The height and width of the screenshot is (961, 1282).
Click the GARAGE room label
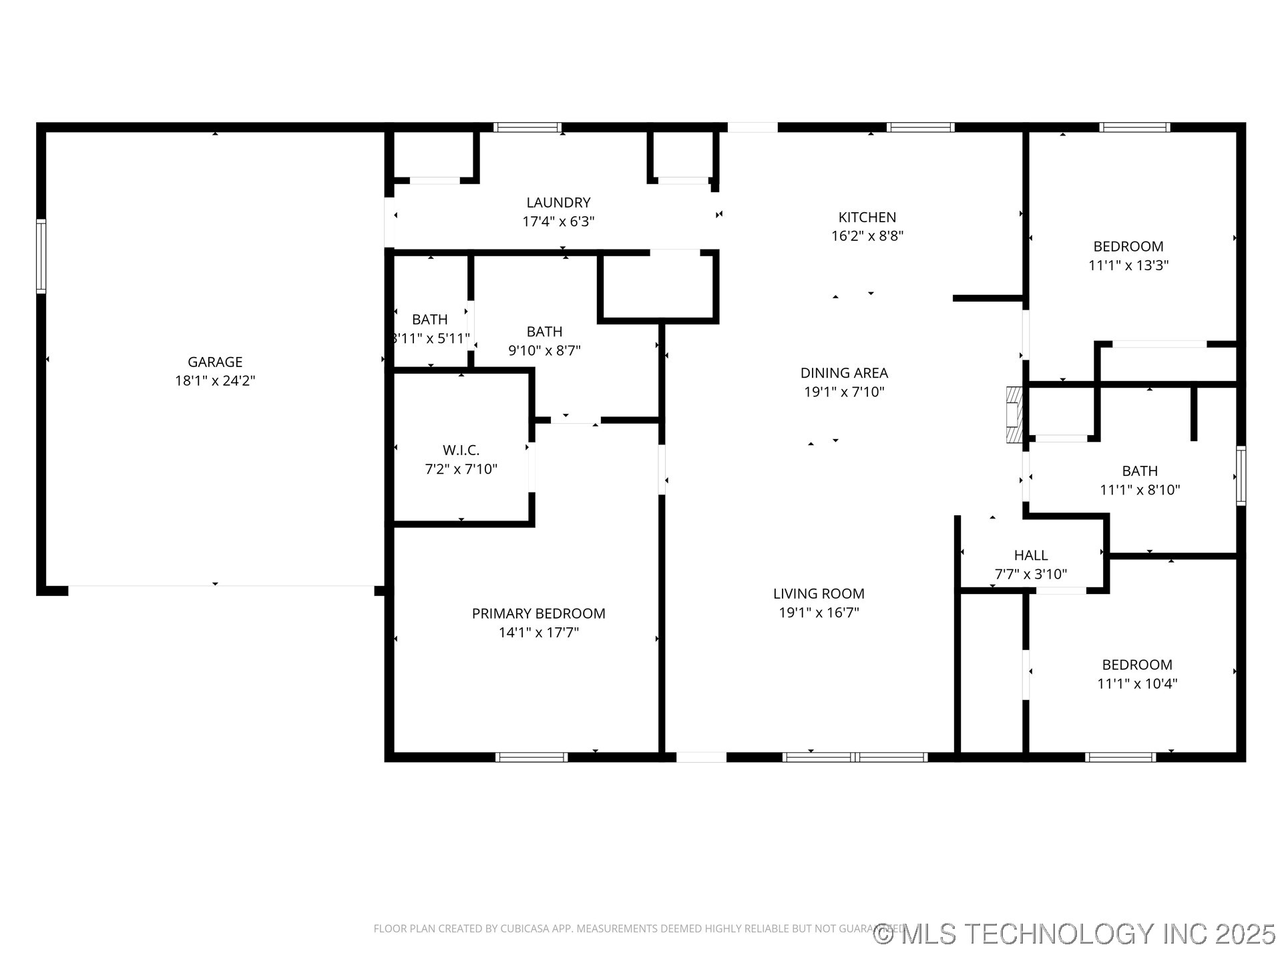coord(214,362)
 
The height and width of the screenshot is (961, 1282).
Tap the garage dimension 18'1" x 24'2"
coord(214,381)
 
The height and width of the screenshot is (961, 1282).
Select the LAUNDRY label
coord(558,202)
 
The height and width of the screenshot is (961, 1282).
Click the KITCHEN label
coord(867,217)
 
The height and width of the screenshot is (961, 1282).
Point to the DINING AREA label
coord(844,373)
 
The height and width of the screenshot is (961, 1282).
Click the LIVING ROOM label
coord(819,593)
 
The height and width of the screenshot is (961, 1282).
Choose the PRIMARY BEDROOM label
coord(538,613)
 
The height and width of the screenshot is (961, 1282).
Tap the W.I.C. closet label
coord(461,450)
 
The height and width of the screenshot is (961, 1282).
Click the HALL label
coord(1030,555)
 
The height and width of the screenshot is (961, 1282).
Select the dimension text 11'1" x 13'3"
coord(1128,265)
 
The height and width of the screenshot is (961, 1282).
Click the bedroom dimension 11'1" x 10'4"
coord(1136,683)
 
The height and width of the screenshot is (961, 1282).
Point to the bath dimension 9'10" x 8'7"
coord(544,350)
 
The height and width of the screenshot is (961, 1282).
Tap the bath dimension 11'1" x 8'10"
coord(1139,490)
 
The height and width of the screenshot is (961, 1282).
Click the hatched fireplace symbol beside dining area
coord(1014,414)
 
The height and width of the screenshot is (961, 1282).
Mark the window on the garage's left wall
coord(41,256)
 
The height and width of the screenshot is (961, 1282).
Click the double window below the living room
coord(855,757)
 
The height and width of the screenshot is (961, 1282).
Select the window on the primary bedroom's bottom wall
coord(531,757)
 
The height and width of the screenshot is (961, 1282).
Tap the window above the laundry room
coord(527,127)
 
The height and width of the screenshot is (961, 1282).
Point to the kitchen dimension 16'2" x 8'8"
coord(867,236)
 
